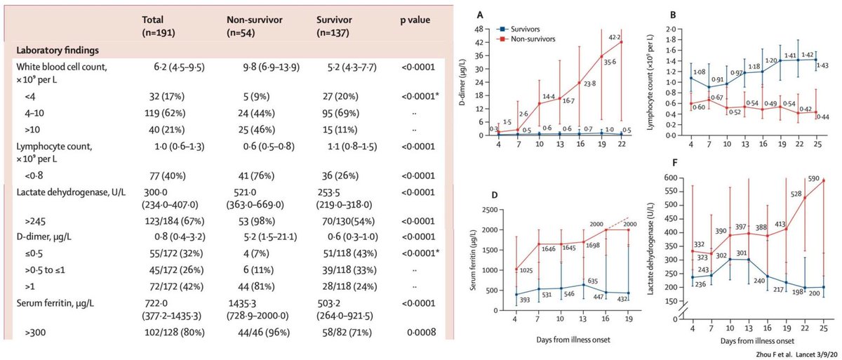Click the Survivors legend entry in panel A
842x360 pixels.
click(527, 28)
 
